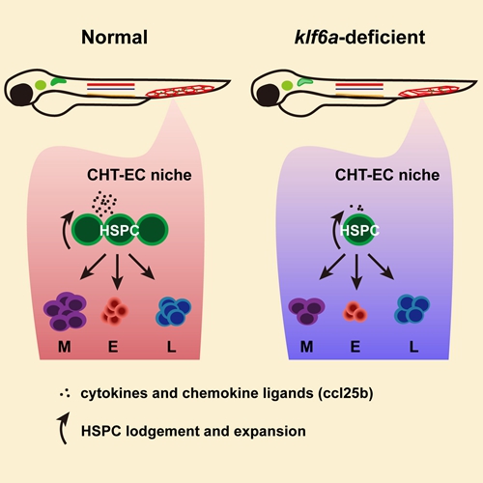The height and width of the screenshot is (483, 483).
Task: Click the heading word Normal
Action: (x=114, y=37)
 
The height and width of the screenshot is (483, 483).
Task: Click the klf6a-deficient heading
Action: (x=359, y=37)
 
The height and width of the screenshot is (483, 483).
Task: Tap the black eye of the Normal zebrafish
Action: (x=21, y=95)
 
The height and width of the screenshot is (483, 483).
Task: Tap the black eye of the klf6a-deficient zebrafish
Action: (x=268, y=95)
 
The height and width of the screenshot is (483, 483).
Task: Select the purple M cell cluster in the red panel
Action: (x=65, y=311)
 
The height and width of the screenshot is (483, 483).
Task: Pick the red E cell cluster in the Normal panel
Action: (x=115, y=311)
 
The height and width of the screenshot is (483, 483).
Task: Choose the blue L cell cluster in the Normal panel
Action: (x=174, y=311)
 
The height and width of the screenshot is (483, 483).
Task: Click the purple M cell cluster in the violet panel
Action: (x=306, y=311)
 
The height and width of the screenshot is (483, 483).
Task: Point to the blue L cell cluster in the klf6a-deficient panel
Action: (x=412, y=309)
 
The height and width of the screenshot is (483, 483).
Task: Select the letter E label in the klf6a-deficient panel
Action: (x=355, y=347)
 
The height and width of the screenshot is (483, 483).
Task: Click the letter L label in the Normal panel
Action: (x=171, y=347)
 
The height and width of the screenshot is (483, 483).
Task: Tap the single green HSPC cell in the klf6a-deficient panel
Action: (x=358, y=230)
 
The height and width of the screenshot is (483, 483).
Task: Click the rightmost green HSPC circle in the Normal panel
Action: (x=153, y=230)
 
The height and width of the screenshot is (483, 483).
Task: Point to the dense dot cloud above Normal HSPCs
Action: (x=103, y=204)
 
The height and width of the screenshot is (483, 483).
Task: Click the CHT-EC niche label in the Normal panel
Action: (x=139, y=175)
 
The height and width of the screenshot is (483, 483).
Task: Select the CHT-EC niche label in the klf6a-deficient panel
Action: (x=387, y=175)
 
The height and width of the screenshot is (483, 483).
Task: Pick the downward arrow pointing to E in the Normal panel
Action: (x=117, y=271)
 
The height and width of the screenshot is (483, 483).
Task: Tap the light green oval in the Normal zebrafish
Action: (x=41, y=85)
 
